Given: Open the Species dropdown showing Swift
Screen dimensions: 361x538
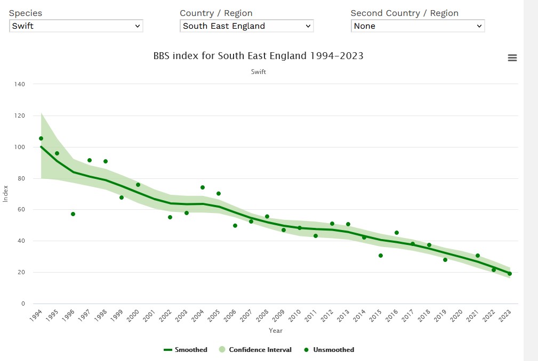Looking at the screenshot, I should pyautogui.click(x=76, y=26).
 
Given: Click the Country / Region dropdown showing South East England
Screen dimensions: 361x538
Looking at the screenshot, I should pyautogui.click(x=246, y=26).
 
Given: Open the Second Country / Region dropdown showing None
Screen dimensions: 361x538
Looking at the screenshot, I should pyautogui.click(x=417, y=26).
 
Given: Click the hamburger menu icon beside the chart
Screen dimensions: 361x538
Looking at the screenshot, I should pyautogui.click(x=512, y=58).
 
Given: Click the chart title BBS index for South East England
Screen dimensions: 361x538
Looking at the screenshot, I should pyautogui.click(x=258, y=55).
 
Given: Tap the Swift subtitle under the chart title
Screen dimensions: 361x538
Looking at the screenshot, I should pyautogui.click(x=258, y=72).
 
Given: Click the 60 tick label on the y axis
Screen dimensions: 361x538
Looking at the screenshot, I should pyautogui.click(x=21, y=210).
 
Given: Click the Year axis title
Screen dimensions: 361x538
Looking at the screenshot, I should pyautogui.click(x=276, y=331).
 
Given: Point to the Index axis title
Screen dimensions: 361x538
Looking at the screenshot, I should pyautogui.click(x=6, y=193).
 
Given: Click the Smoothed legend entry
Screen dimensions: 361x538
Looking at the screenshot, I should pyautogui.click(x=186, y=350).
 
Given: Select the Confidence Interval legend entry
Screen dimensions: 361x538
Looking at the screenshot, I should pyautogui.click(x=255, y=350).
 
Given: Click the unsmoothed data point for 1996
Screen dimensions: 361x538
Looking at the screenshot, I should pyautogui.click(x=73, y=214).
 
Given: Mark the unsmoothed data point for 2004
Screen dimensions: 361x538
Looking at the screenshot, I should pyautogui.click(x=203, y=187).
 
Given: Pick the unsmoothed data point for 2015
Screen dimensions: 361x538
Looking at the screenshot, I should pyautogui.click(x=381, y=256).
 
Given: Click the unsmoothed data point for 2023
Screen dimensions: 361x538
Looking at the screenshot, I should pyautogui.click(x=510, y=274).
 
